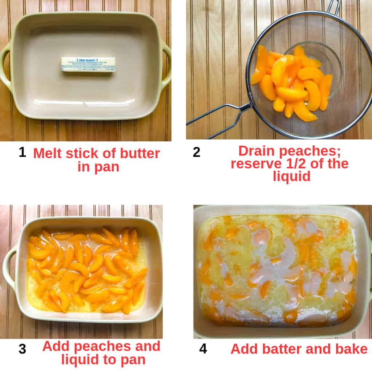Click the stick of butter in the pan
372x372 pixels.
88,64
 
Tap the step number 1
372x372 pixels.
22,152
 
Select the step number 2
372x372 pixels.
196,152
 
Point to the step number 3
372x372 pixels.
22,349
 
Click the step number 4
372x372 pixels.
203,349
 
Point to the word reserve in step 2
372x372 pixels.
254,164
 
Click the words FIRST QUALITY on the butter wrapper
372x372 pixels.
88,59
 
